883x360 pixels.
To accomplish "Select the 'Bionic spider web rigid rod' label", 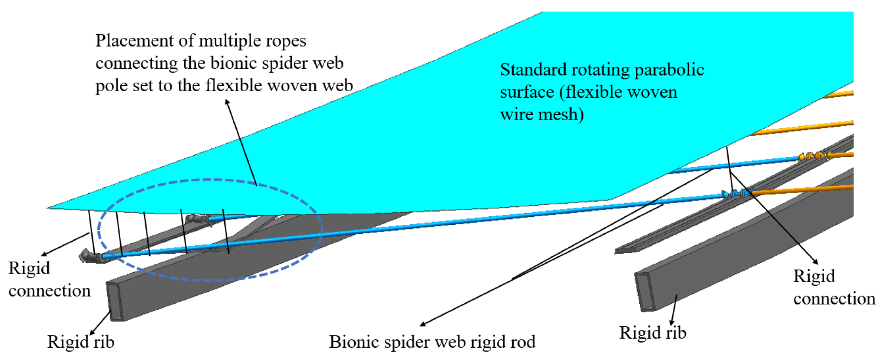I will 432,342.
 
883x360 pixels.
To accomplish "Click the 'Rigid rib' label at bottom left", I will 81,342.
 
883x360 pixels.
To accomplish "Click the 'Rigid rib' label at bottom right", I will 653,333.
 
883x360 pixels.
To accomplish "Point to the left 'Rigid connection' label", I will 49,280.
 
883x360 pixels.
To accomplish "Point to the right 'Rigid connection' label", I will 834,287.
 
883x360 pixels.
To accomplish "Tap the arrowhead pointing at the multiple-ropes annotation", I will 227,102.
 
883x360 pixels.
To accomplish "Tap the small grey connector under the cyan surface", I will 197,219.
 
